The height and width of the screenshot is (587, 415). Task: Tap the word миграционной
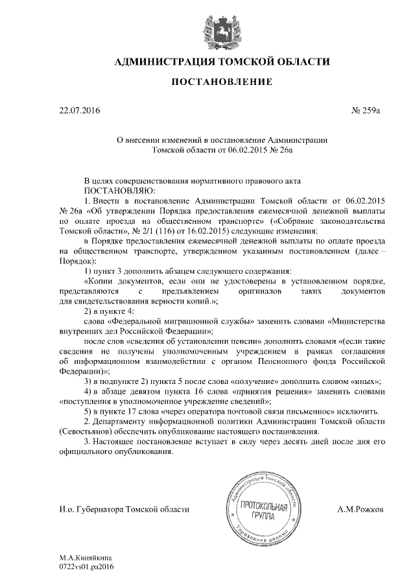point(193,321)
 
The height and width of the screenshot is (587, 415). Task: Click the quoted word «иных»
point(368,382)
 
